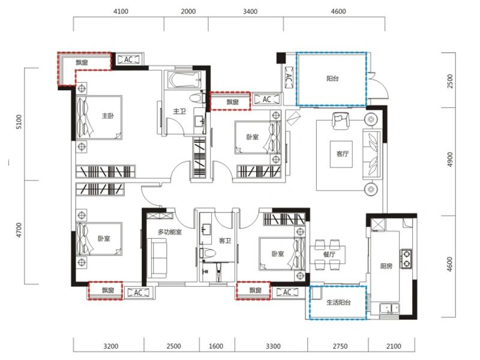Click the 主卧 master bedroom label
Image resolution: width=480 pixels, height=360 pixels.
pyautogui.click(x=108, y=116)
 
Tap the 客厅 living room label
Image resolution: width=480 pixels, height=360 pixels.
pyautogui.click(x=342, y=154)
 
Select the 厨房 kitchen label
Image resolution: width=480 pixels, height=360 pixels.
pyautogui.click(x=386, y=266)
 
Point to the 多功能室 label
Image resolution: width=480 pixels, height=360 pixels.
pyautogui.click(x=170, y=232)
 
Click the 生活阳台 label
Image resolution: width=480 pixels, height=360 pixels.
pyautogui.click(x=338, y=302)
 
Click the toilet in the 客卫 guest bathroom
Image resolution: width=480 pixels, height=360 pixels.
pyautogui.click(x=207, y=253)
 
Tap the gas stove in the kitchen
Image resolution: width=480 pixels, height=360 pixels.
pyautogui.click(x=406, y=259)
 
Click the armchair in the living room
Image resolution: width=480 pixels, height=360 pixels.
pyautogui.click(x=340, y=121)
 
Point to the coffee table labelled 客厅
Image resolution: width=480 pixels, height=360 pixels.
pyautogui.click(x=341, y=154)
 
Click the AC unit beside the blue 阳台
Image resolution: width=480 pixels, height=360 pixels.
pyautogui.click(x=289, y=78)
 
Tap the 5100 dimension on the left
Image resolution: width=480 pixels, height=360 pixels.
pyautogui.click(x=19, y=122)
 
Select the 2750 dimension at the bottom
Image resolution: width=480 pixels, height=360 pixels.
pyautogui.click(x=340, y=346)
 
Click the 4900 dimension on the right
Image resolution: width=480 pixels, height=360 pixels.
pyautogui.click(x=449, y=160)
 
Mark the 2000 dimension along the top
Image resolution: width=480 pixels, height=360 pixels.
pyautogui.click(x=188, y=11)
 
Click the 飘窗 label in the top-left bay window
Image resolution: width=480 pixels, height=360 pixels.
pyautogui.click(x=82, y=63)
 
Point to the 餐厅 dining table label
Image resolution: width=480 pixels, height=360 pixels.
pyautogui.click(x=329, y=254)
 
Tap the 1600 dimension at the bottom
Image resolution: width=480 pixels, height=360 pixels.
pyautogui.click(x=216, y=346)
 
